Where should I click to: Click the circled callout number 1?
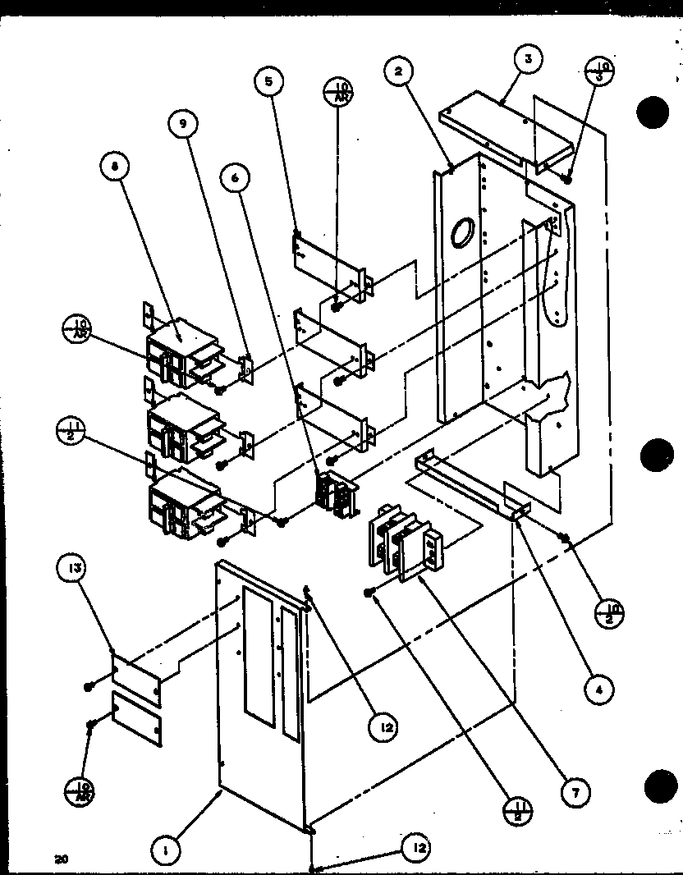tap(165, 852)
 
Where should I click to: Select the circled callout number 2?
tap(399, 72)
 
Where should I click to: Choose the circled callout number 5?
tap(268, 81)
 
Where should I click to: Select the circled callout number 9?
tap(183, 126)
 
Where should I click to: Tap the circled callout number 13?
tap(72, 570)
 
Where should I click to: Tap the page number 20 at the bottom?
tap(60, 859)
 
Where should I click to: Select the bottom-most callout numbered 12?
tap(417, 846)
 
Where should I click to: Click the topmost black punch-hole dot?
tap(654, 112)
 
